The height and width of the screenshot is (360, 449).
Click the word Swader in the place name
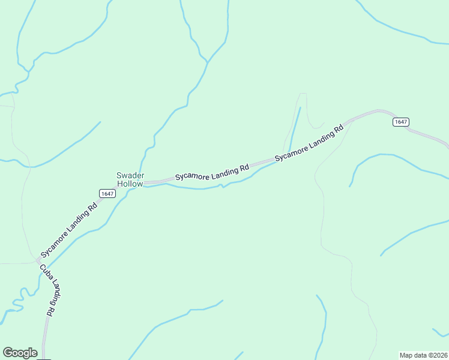click(x=130, y=175)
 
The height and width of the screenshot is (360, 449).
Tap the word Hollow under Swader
click(x=130, y=184)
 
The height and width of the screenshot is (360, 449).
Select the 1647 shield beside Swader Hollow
click(x=107, y=193)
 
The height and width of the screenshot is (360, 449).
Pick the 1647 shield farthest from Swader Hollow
click(x=401, y=122)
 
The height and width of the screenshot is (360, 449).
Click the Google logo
click(x=20, y=353)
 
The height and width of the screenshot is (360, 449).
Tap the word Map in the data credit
click(x=407, y=355)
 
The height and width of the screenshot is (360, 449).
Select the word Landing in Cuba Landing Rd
click(x=55, y=292)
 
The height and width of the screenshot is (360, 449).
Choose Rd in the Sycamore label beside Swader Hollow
click(x=244, y=169)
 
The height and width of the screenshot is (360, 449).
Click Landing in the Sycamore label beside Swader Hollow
click(x=224, y=172)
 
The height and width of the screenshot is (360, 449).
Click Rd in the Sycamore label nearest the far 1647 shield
click(x=339, y=128)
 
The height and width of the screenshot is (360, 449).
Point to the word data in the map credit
click(x=421, y=355)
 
